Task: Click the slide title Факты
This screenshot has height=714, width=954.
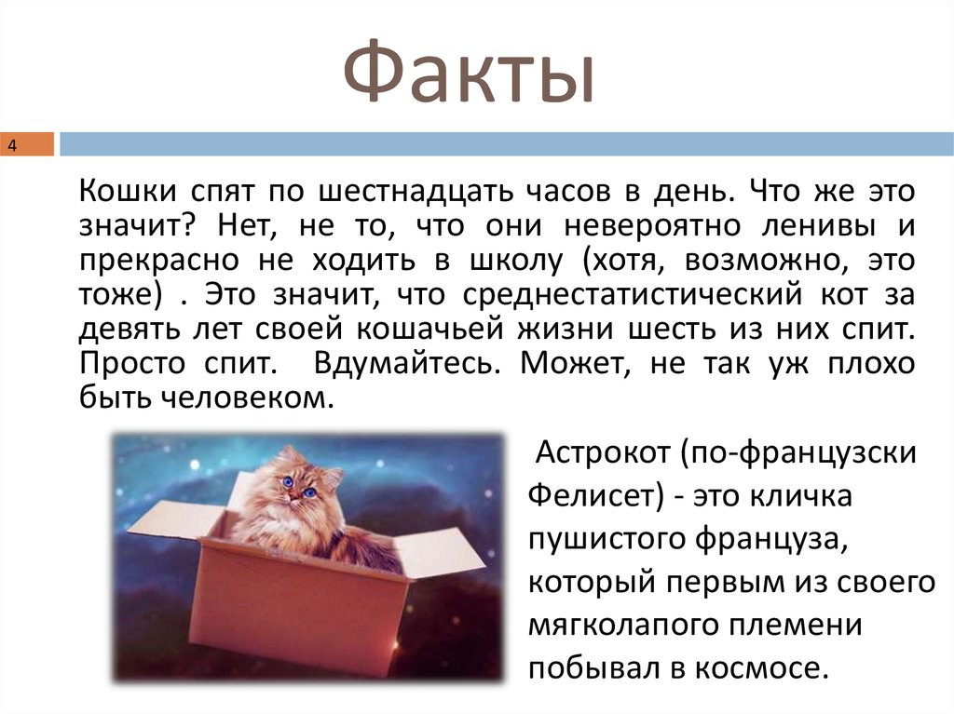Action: [x=469, y=74]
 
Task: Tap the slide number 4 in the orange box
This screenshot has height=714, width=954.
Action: [x=13, y=146]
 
